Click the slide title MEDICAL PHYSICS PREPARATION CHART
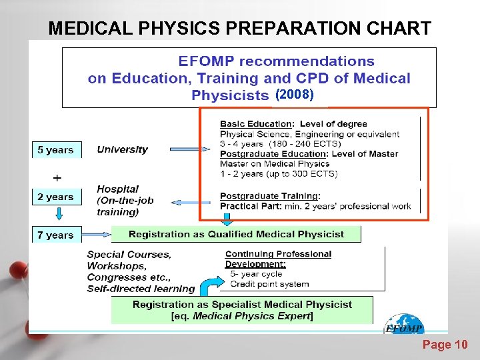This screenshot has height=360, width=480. tap(240, 29)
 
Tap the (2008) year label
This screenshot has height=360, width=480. tap(294, 95)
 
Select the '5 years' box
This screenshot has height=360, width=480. tap(56, 150)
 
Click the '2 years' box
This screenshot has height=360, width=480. tap(56, 197)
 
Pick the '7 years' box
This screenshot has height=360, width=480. tap(56, 235)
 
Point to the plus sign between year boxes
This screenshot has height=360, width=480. tap(57, 178)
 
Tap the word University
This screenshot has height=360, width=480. tap(122, 149)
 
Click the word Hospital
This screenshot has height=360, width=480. tap(117, 189)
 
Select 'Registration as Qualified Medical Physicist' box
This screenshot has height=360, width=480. tap(236, 234)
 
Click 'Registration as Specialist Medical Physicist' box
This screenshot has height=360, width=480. tap(242, 310)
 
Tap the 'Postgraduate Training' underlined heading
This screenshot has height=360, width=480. tap(269, 196)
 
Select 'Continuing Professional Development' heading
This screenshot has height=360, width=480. tap(278, 259)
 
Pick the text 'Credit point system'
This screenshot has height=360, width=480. tap(269, 284)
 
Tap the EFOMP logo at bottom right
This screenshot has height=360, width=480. tap(404, 325)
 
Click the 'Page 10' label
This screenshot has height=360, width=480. tap(445, 345)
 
